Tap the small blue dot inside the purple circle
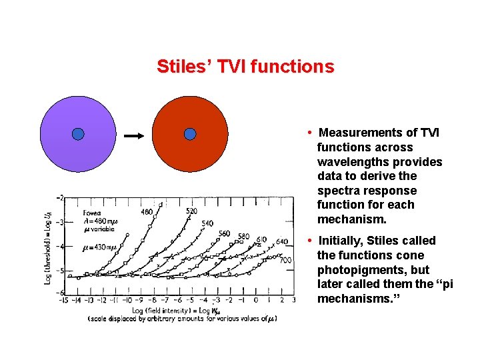pyautogui.click(x=78, y=134)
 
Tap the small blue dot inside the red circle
pyautogui.click(x=190, y=134)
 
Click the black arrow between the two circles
pyautogui.click(x=135, y=136)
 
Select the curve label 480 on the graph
pyautogui.click(x=147, y=213)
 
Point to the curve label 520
pyautogui.click(x=191, y=211)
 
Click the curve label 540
pyautogui.click(x=207, y=224)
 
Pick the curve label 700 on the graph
pyautogui.click(x=285, y=260)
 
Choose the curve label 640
pyautogui.click(x=281, y=241)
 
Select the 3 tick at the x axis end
pyautogui.click(x=294, y=301)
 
